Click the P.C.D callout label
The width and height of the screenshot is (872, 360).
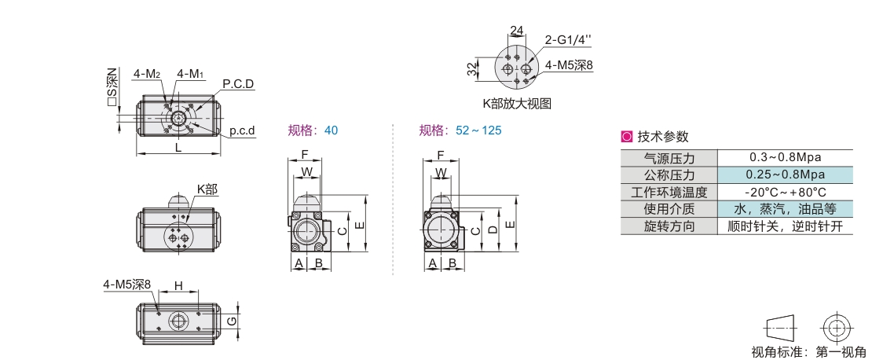coord(238,84)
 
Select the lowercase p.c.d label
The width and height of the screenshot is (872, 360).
coord(243,130)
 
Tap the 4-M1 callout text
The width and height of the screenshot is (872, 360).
coord(189,73)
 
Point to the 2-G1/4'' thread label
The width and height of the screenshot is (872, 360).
coord(567,39)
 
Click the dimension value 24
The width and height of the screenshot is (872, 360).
coord(517,31)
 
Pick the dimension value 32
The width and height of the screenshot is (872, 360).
coord(471,69)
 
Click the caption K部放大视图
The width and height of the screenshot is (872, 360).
coord(517,104)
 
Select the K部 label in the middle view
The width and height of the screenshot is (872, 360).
coord(207,189)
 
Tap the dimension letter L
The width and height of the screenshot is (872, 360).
coord(178,148)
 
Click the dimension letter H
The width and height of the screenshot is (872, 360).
coord(178,286)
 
